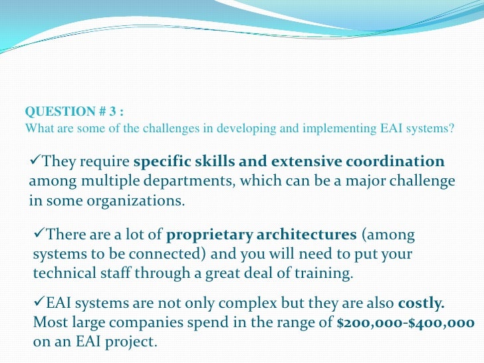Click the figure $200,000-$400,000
[x=406, y=324]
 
